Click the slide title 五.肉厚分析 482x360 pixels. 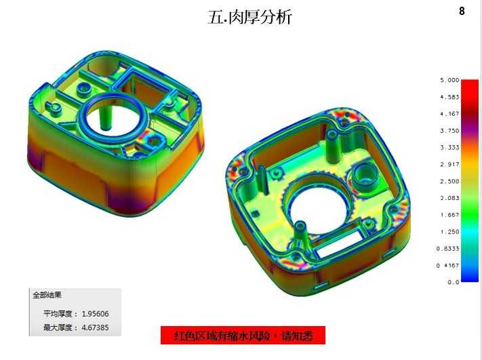tap(249, 16)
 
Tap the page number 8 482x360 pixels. tap(462, 11)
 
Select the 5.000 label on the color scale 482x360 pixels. tap(449, 80)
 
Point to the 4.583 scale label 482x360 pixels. tap(449, 97)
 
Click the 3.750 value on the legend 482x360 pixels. tap(449, 131)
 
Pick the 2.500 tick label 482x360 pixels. tap(449, 182)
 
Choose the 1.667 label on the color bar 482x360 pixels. tap(449, 215)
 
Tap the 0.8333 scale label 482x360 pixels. tap(448, 249)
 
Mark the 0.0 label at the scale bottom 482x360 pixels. tap(454, 282)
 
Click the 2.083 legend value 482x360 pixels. tap(449, 198)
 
